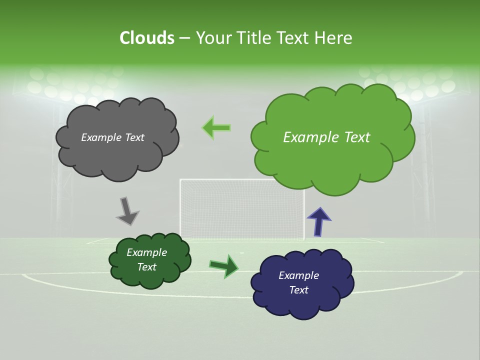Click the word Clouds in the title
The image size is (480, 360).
pyautogui.click(x=146, y=38)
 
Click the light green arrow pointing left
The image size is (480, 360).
pyautogui.click(x=216, y=128)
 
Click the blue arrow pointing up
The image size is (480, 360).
pyautogui.click(x=319, y=221)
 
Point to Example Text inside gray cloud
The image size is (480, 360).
pyautogui.click(x=112, y=137)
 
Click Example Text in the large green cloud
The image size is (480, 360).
pyautogui.click(x=326, y=137)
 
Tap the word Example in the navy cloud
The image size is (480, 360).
pyautogui.click(x=298, y=275)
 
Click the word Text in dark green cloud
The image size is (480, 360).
pyautogui.click(x=146, y=267)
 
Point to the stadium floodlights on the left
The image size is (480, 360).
pyautogui.click(x=65, y=82)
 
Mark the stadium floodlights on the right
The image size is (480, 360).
pyautogui.click(x=420, y=82)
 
